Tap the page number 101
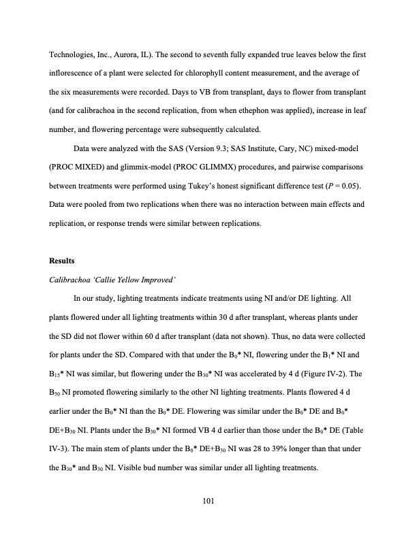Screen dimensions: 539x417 208,501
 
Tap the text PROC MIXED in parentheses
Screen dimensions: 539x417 79,165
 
